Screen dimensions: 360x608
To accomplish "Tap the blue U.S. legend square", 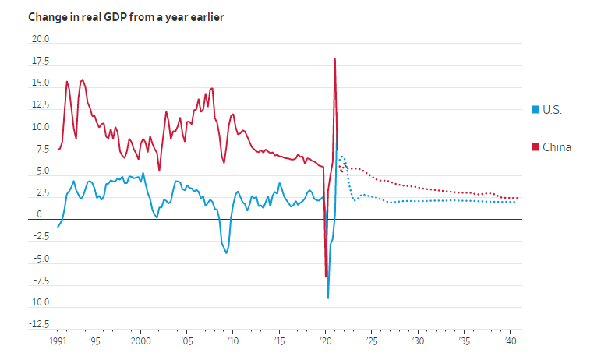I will click(x=535, y=110).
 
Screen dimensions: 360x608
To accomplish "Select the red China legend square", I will click(x=535, y=147).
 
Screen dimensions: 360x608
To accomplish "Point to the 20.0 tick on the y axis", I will click(x=40, y=39).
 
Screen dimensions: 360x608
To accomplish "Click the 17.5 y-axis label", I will click(x=40, y=61).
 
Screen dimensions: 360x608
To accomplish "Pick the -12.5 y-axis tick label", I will click(x=38, y=324).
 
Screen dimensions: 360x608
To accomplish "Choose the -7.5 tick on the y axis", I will click(x=40, y=281).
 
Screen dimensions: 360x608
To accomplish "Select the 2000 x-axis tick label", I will click(x=140, y=341).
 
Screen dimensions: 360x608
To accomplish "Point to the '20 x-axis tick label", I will click(x=325, y=341).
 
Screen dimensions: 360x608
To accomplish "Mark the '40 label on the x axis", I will click(x=510, y=341).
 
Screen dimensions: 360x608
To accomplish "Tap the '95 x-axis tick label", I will click(x=94, y=341).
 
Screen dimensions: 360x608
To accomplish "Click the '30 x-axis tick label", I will click(x=418, y=341).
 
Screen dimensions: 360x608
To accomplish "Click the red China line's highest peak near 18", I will click(x=334, y=59).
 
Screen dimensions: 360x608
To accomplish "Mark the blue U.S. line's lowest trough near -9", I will click(x=328, y=298).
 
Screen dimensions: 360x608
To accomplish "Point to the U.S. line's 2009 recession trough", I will click(x=227, y=252).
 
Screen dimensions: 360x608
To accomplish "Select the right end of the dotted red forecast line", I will click(x=518, y=198).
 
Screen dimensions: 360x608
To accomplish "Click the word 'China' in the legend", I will click(x=557, y=147).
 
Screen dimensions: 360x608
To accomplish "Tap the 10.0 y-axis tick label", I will click(x=40, y=127).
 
